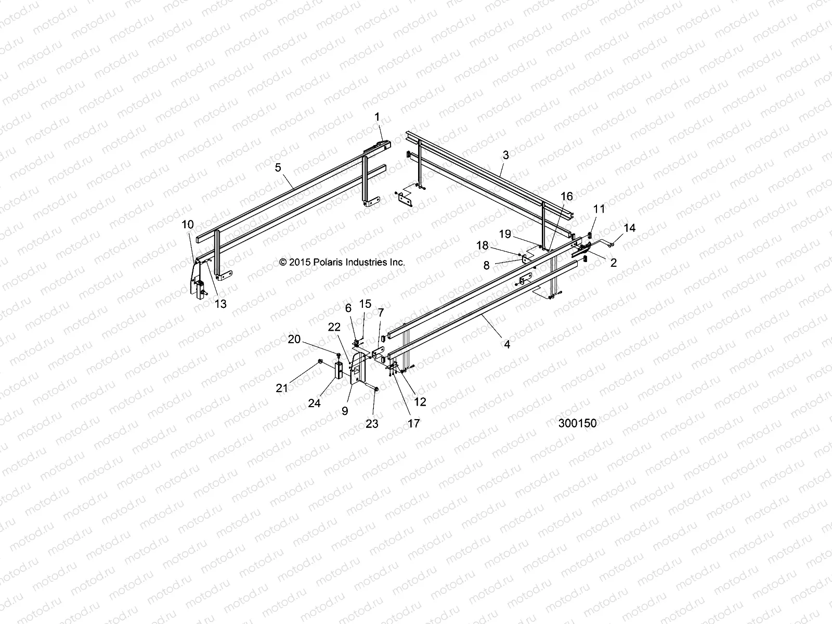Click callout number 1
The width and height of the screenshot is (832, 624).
click(392, 117)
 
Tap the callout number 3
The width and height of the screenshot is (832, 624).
click(505, 154)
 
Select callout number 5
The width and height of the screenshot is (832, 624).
click(278, 167)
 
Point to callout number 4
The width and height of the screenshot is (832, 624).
click(507, 344)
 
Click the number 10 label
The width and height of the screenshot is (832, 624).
click(188, 225)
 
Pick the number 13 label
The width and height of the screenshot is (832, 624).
click(220, 304)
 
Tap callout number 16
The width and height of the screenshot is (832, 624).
click(567, 196)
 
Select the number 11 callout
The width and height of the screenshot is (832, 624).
click(599, 209)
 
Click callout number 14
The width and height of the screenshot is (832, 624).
click(630, 228)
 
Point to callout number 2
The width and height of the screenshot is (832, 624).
click(613, 263)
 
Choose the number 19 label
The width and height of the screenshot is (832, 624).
click(505, 234)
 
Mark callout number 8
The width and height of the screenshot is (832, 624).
click(486, 265)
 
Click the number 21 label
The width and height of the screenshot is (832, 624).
click(282, 388)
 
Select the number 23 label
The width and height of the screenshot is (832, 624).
click(372, 424)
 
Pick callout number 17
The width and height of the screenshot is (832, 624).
click(413, 424)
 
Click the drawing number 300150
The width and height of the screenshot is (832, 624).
click(577, 423)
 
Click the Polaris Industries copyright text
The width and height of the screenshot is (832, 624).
click(342, 263)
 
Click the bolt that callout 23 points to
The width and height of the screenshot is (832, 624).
click(375, 389)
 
